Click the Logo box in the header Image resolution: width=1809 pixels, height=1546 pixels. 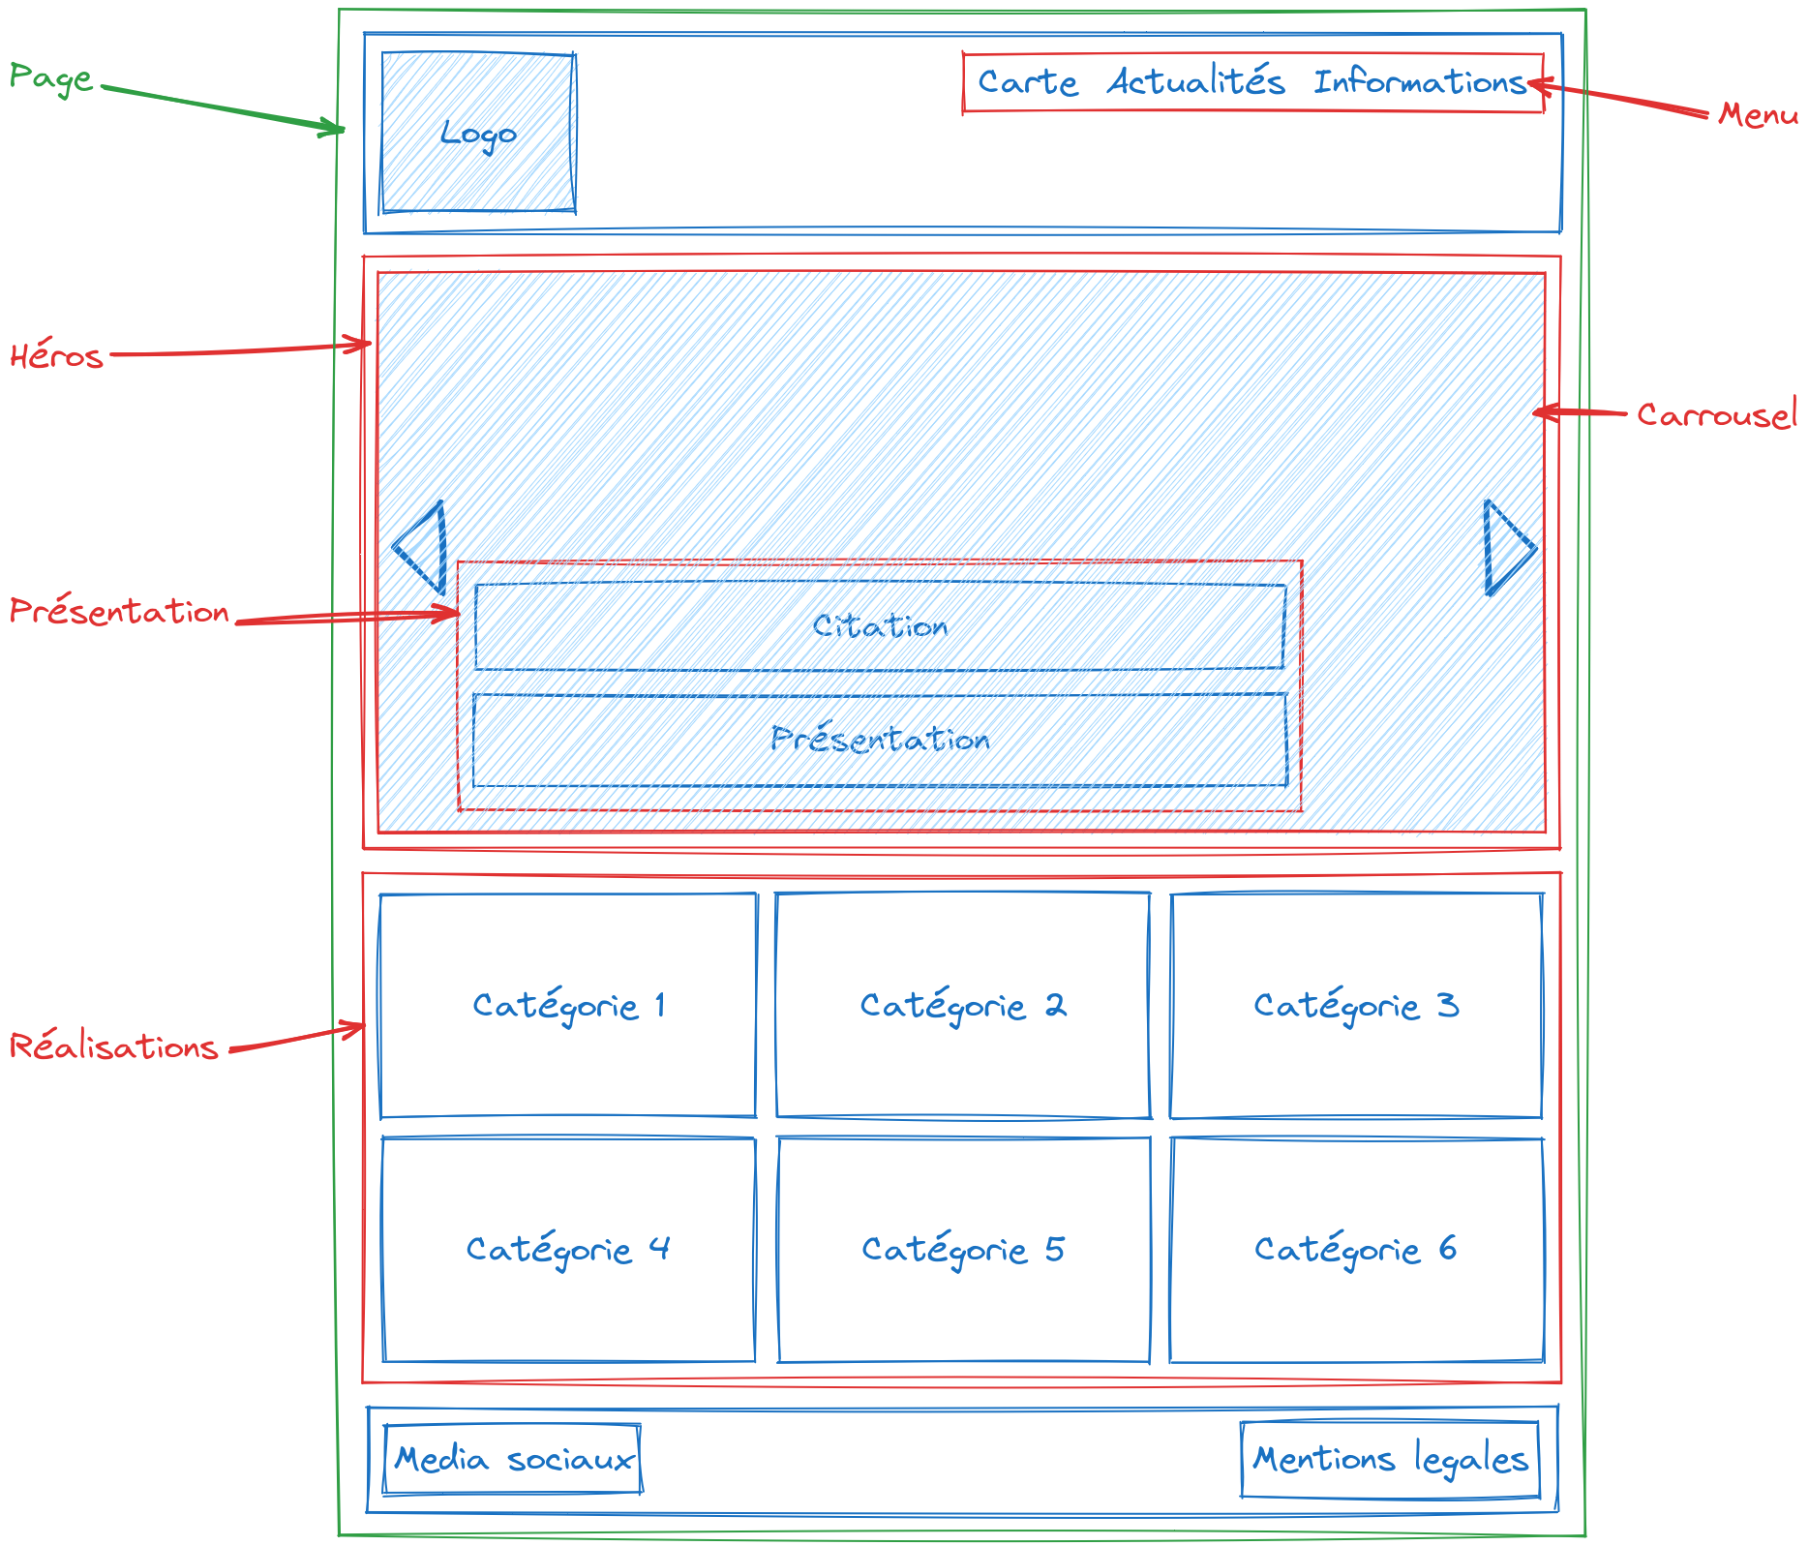478,133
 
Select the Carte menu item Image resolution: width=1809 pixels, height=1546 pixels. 1027,82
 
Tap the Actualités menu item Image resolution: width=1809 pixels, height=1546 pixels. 1196,82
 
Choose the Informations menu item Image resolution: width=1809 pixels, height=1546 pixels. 1419,82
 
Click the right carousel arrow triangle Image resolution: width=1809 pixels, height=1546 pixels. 1506,548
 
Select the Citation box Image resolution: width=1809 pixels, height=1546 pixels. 880,626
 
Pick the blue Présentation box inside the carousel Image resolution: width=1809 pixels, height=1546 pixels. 880,740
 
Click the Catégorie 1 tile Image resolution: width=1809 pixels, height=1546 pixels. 568,1005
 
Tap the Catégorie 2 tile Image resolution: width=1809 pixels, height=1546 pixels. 963,1005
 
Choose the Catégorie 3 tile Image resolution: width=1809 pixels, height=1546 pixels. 1356,1005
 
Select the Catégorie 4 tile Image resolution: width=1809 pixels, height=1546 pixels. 568,1249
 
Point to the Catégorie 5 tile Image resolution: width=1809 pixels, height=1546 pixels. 963,1249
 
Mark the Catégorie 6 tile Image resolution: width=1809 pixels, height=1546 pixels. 1356,1249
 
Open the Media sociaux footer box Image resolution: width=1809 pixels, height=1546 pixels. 513,1459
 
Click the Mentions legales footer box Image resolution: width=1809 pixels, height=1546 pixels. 1390,1459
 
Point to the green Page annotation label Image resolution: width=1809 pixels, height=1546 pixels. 51,77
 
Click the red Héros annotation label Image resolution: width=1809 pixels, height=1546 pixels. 56,356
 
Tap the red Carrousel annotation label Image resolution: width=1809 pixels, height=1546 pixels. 1716,415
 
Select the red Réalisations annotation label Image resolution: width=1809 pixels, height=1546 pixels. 113,1046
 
